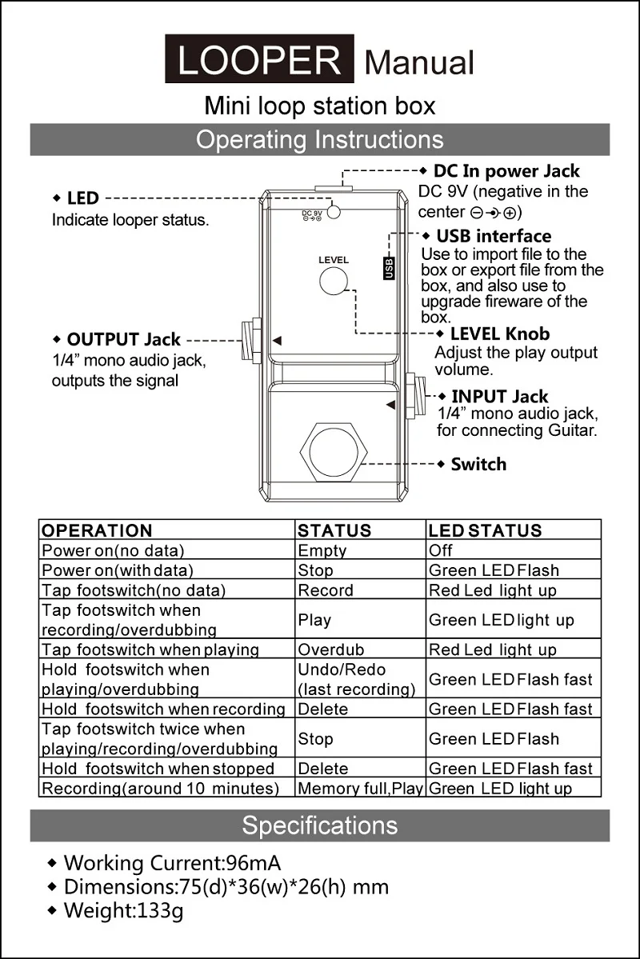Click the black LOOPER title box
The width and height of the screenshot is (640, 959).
pyautogui.click(x=259, y=59)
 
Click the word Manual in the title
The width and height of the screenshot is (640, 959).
pyautogui.click(x=419, y=62)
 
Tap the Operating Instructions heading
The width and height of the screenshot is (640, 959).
pyautogui.click(x=320, y=140)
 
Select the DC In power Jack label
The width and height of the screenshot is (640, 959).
pyautogui.click(x=506, y=170)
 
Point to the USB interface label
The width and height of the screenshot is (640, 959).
pyautogui.click(x=494, y=236)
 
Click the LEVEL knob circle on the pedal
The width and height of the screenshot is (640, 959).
pyautogui.click(x=334, y=282)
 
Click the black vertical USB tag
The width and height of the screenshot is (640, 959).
pyautogui.click(x=390, y=267)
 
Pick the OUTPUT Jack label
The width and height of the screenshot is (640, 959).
pyautogui.click(x=123, y=340)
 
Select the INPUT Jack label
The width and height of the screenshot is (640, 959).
pyautogui.click(x=499, y=397)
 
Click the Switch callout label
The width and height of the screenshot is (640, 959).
pyautogui.click(x=478, y=464)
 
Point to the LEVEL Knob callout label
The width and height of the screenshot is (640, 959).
pyautogui.click(x=500, y=334)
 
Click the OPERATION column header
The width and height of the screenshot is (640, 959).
pyautogui.click(x=97, y=530)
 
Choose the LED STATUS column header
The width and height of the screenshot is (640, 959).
pyautogui.click(x=485, y=530)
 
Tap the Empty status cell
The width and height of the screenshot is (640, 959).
pyautogui.click(x=322, y=550)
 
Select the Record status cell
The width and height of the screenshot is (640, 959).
pyautogui.click(x=326, y=590)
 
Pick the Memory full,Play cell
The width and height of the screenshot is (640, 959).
pyautogui.click(x=360, y=789)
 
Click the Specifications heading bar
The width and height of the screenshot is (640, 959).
pyautogui.click(x=320, y=825)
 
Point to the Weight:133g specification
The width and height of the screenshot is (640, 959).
pyautogui.click(x=123, y=910)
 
